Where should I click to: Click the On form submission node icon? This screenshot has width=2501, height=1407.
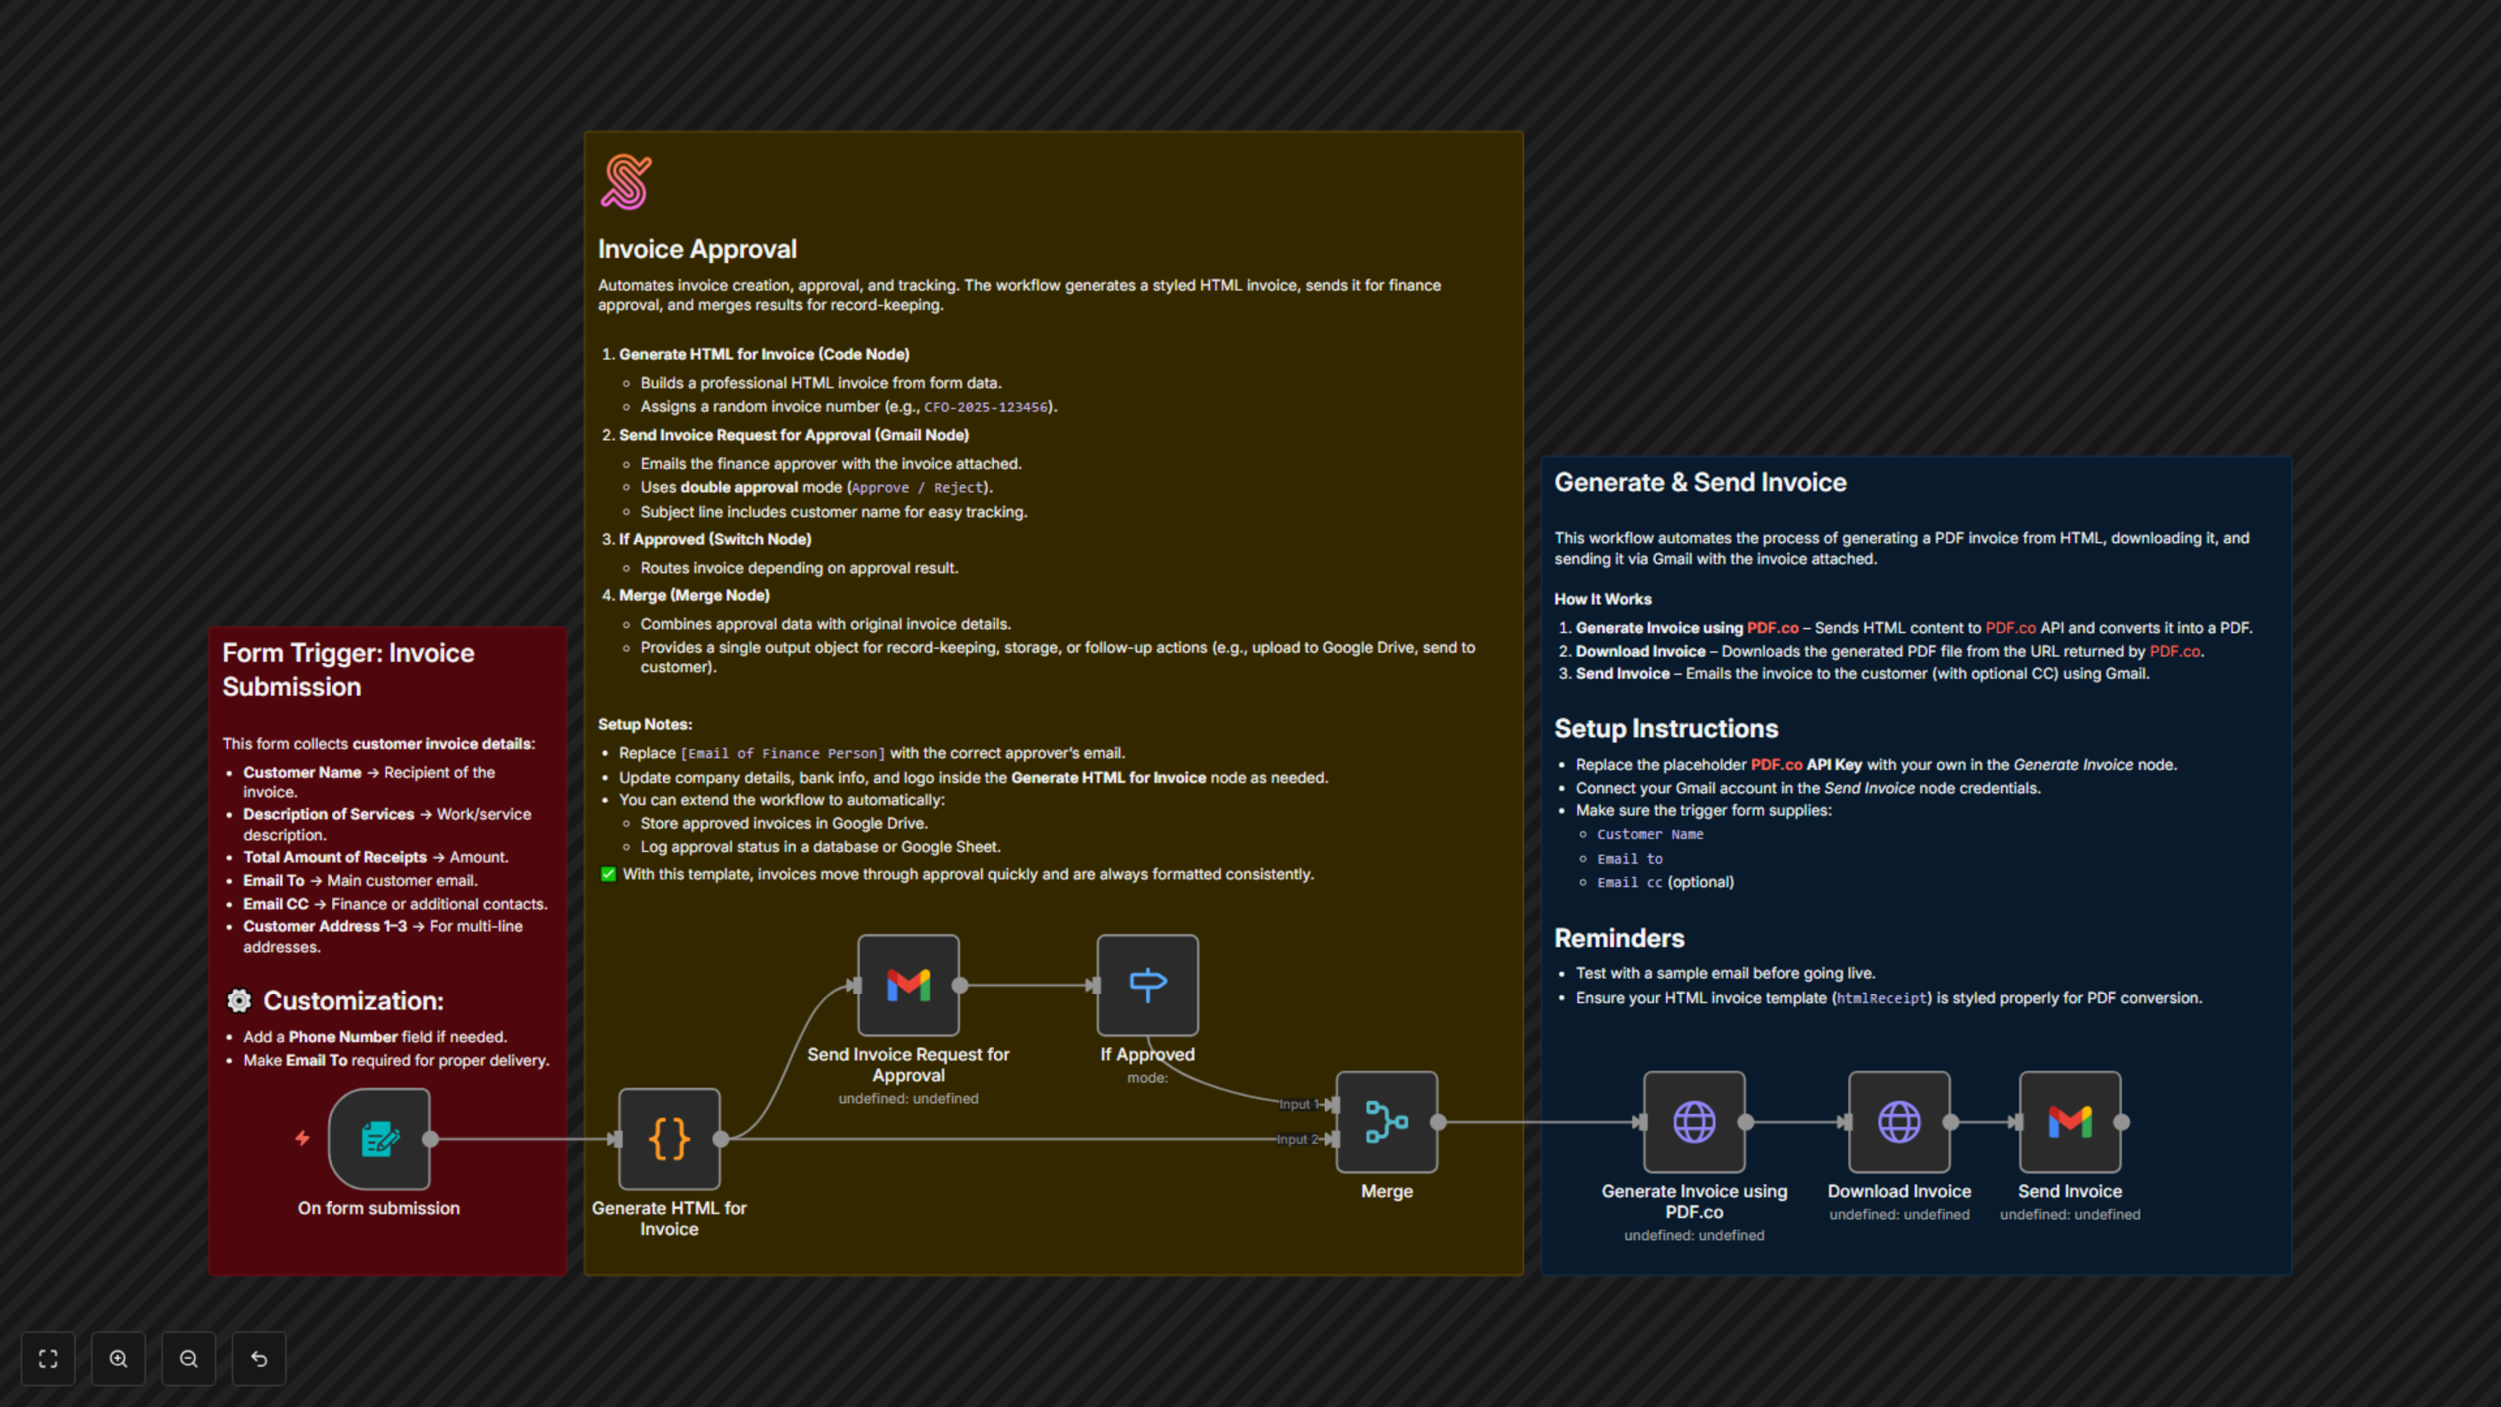point(378,1139)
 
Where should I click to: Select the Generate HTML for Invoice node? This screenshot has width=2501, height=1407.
point(669,1139)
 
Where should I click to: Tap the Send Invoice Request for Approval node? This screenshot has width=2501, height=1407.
point(908,985)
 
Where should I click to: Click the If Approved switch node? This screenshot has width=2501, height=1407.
point(1146,985)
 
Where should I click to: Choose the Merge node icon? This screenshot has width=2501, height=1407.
point(1387,1122)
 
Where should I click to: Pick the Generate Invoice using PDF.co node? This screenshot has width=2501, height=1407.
point(1693,1122)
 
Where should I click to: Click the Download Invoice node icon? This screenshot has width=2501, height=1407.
point(1899,1122)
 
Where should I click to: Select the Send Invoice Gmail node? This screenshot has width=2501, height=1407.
point(2069,1122)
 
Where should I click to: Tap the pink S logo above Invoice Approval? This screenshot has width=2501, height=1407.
point(626,182)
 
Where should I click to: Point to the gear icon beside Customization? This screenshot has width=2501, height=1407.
point(239,1001)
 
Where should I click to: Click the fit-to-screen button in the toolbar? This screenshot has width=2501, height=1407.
point(48,1358)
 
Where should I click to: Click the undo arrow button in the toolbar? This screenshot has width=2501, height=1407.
point(259,1358)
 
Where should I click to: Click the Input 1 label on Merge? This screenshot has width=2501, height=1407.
point(1296,1104)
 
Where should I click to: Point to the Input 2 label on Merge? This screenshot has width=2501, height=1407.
point(1296,1139)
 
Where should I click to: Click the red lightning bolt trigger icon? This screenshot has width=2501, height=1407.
point(303,1138)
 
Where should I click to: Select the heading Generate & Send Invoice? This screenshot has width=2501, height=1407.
point(1700,483)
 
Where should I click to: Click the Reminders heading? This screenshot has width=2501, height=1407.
point(1618,938)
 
